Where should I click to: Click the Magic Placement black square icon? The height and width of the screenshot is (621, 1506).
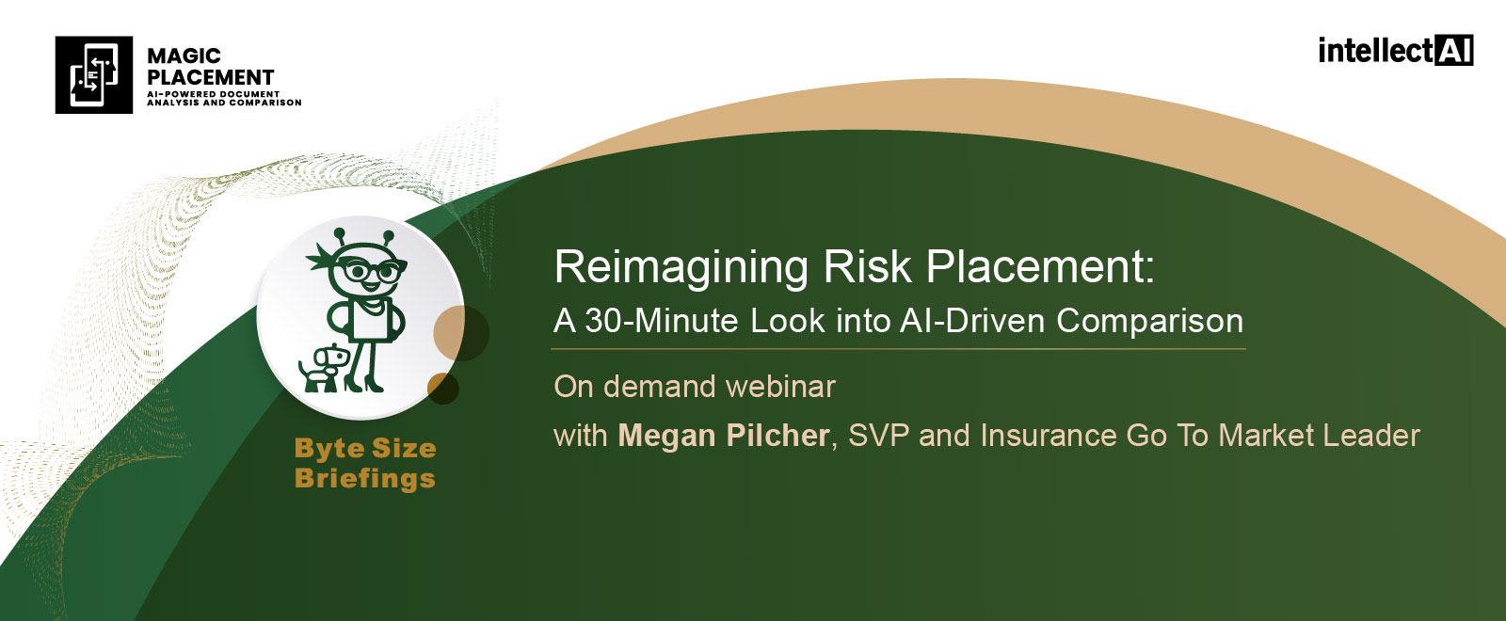[x=93, y=74]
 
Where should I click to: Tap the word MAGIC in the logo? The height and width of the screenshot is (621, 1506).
[x=184, y=56]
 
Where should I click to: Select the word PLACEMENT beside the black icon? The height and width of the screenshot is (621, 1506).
[x=211, y=77]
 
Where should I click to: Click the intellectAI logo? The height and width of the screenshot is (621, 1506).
[x=1396, y=51]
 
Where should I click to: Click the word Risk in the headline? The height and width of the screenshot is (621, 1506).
[x=867, y=267]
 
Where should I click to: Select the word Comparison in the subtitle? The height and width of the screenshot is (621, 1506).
[x=1149, y=321]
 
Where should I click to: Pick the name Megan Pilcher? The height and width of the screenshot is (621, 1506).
[x=724, y=436]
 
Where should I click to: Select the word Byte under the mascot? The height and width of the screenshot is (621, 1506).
[x=326, y=449]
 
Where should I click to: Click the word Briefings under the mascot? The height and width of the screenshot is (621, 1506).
[x=365, y=479]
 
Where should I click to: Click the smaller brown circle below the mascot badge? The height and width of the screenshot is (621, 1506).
[x=443, y=388]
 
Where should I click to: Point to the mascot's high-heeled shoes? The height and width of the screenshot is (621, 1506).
[x=363, y=383]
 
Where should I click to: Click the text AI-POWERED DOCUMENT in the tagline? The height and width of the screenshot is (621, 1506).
[x=213, y=94]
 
